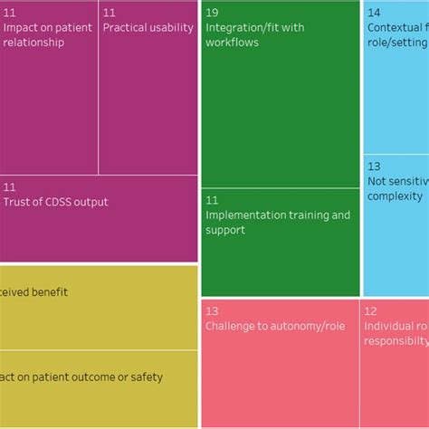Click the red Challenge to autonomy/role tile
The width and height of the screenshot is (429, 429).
click(279, 362)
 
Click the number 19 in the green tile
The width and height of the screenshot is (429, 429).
click(212, 13)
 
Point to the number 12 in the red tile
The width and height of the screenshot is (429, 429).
click(370, 310)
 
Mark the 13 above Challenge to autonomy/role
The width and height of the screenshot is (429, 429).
click(212, 310)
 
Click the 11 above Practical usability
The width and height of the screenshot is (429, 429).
click(109, 13)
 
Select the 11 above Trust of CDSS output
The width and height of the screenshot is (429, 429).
click(9, 187)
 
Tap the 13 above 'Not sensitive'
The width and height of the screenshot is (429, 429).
click(374, 167)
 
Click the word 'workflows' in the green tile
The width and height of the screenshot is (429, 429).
click(232, 43)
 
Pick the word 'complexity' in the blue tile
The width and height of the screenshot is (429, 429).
click(396, 196)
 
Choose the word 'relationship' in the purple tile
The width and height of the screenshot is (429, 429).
click(34, 43)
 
